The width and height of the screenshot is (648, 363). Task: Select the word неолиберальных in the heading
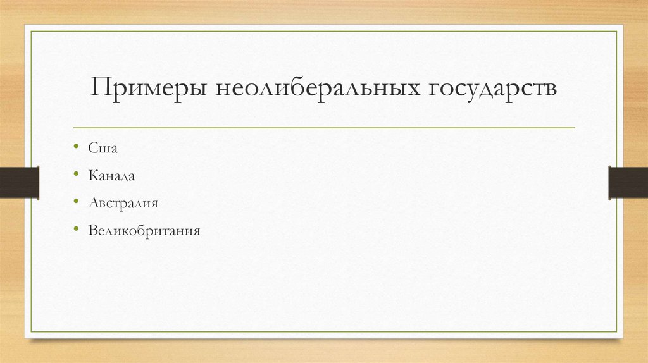[317, 89]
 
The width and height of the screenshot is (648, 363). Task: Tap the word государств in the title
[494, 89]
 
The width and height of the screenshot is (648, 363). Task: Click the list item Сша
[103, 147]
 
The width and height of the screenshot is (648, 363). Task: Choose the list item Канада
[111, 175]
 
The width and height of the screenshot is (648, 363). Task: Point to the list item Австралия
[123, 203]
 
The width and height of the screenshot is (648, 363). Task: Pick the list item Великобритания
[144, 231]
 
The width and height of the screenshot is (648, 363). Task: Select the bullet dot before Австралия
[76, 203]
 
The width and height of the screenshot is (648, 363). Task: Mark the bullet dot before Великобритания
[76, 231]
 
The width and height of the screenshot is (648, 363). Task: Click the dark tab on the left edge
[19, 181]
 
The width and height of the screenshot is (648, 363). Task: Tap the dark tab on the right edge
[628, 181]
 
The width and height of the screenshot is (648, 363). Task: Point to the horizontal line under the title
[324, 128]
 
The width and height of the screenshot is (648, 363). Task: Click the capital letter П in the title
[102, 87]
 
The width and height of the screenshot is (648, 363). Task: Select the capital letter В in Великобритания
[92, 231]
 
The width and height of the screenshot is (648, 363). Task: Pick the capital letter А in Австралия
[93, 203]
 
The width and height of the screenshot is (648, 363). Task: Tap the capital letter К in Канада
[92, 175]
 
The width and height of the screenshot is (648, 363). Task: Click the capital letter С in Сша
[92, 147]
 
